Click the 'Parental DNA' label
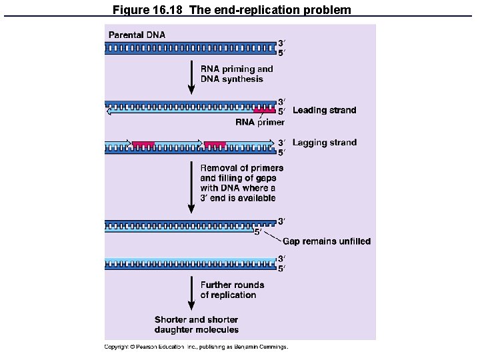137,35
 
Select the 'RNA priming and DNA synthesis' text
237,74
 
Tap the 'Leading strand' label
324,110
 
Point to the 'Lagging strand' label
324,142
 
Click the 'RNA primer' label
260,122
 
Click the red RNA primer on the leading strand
264,111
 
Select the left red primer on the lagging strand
143,143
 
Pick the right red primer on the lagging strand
215,143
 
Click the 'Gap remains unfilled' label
327,241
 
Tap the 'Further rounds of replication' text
232,290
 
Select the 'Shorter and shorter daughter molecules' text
197,325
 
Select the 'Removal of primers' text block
241,183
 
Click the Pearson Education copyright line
196,347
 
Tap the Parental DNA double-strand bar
190,48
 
